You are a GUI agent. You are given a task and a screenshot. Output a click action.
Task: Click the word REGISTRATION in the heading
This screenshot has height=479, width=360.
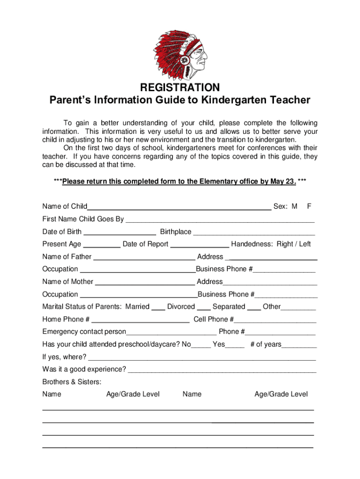tap(180, 88)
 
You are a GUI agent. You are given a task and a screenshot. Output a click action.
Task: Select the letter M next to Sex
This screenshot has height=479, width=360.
tap(294, 206)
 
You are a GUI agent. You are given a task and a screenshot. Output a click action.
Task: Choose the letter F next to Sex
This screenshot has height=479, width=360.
tap(309, 206)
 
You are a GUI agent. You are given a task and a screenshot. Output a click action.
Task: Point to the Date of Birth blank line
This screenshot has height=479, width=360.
tap(120, 233)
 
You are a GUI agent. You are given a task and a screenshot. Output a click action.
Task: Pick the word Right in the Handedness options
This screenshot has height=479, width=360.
tap(285, 244)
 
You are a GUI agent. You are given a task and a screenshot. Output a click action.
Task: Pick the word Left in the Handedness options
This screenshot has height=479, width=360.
tap(304, 244)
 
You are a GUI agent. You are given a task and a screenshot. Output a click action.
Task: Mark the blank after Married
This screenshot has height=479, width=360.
tap(158, 309)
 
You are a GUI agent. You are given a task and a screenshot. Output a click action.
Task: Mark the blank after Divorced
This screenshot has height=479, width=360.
tap(203, 309)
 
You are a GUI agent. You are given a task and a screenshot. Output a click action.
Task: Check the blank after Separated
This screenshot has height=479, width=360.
tap(254, 309)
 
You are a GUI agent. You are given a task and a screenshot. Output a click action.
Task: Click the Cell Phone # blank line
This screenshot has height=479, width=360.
tap(275, 321)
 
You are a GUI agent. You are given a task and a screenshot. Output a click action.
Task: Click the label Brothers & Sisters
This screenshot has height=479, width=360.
tap(72, 382)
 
